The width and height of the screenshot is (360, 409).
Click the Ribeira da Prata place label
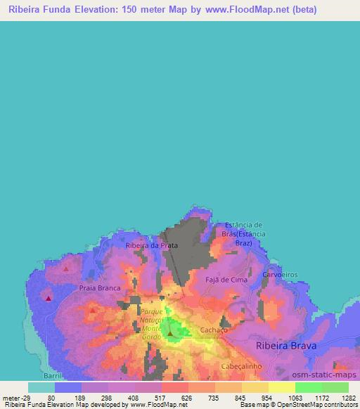tap(151, 245)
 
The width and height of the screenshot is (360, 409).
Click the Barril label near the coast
tap(53, 375)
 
